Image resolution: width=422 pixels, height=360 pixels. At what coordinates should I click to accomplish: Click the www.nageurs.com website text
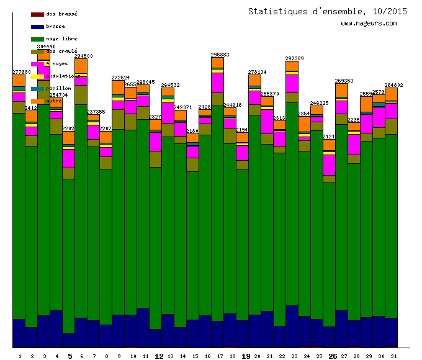pos(369,24)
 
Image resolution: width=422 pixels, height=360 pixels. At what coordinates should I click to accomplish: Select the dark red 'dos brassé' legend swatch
pos(37,14)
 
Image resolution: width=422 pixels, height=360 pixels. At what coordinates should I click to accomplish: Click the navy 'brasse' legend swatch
pos(37,27)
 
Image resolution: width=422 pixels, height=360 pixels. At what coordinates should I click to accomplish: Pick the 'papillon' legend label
pos(58,88)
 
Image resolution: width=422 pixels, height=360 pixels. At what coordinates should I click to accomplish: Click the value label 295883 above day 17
pos(220,55)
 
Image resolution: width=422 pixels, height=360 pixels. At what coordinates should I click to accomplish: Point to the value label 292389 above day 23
pos(294,58)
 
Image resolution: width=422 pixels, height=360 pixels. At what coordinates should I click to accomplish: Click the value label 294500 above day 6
pos(83,56)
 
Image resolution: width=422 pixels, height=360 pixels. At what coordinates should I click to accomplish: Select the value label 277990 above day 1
pos(21,72)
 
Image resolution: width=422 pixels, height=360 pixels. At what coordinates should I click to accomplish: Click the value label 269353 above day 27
pos(344,81)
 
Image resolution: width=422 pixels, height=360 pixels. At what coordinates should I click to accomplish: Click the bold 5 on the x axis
pos(70,356)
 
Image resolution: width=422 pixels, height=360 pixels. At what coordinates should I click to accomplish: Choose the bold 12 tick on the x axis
pos(158,356)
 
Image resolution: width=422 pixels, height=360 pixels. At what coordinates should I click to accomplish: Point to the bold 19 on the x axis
pos(246,356)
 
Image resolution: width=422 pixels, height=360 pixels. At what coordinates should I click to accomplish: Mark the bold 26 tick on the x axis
pos(333,356)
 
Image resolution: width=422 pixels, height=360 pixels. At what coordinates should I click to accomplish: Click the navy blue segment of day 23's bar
pos(292,326)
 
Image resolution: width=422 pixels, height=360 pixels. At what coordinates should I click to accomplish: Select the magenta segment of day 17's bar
pos(217,83)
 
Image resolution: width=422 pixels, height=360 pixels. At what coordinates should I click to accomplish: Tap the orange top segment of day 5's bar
pos(68,137)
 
